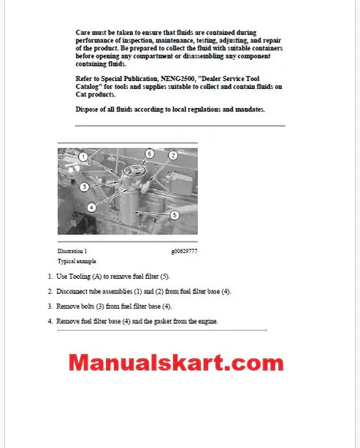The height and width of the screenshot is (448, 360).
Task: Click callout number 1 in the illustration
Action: point(83,156)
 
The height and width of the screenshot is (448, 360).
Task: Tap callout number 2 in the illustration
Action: point(173,155)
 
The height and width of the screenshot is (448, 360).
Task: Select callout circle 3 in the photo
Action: point(85,187)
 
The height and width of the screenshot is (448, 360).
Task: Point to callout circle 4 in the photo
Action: point(91,206)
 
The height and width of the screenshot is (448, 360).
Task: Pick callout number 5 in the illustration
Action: point(175,215)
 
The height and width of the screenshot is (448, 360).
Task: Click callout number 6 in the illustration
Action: point(149,154)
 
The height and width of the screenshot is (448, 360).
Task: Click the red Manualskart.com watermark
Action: point(176,363)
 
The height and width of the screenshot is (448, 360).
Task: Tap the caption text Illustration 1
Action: point(72,251)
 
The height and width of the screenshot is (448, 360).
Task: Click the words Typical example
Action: point(77,260)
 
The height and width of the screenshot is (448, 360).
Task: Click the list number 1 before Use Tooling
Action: point(50,277)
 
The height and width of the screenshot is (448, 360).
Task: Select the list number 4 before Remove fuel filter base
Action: point(50,321)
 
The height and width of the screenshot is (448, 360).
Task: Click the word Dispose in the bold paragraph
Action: point(88,109)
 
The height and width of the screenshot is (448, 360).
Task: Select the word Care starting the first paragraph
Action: point(83,33)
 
